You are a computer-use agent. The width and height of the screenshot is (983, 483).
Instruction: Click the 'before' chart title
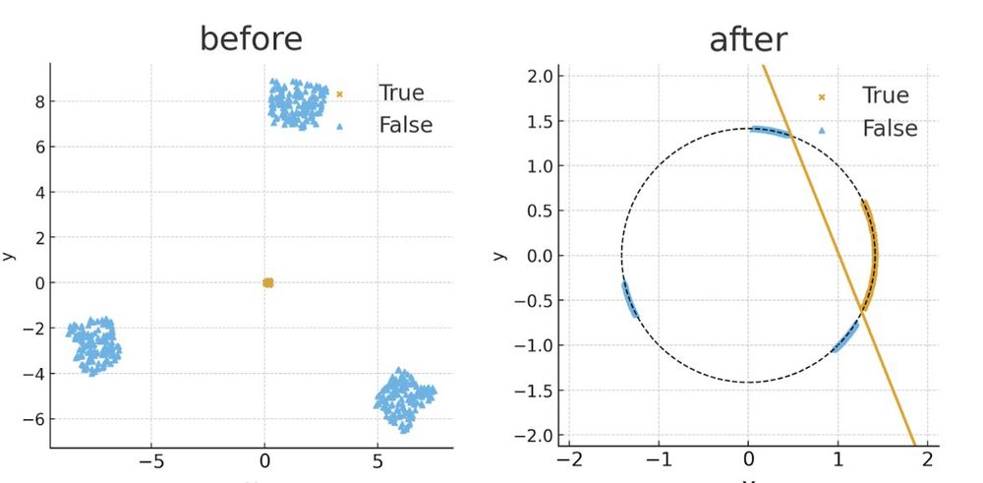pyautogui.click(x=251, y=38)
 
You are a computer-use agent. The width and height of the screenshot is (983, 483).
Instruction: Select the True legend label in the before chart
pyautogui.click(x=401, y=93)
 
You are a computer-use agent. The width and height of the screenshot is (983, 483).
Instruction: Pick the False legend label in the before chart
pyautogui.click(x=405, y=125)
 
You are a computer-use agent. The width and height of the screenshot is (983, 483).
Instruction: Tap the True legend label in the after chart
pyautogui.click(x=885, y=95)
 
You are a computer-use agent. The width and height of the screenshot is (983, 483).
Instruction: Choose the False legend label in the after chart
pyautogui.click(x=890, y=129)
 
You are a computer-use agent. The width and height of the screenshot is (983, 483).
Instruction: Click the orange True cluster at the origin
pyautogui.click(x=267, y=282)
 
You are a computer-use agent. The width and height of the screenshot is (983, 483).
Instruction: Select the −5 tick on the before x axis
pyautogui.click(x=151, y=460)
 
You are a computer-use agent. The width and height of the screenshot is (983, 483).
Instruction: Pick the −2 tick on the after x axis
pyautogui.click(x=569, y=458)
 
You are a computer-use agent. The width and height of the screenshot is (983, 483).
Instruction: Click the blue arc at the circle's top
pyautogui.click(x=770, y=131)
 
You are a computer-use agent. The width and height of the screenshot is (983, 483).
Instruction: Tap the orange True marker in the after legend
pyautogui.click(x=822, y=96)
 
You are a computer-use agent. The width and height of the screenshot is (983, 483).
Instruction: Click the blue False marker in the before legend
pyautogui.click(x=340, y=126)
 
